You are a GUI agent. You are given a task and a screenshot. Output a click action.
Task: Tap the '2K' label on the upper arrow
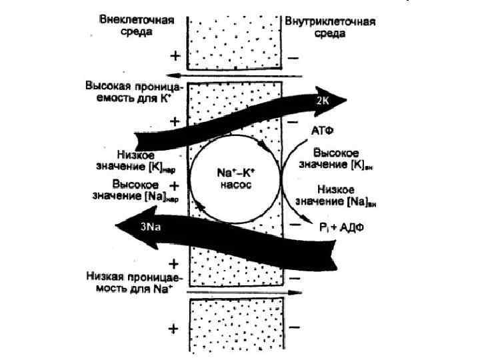tap(322, 100)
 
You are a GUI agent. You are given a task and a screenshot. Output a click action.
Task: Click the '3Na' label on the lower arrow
tap(150, 227)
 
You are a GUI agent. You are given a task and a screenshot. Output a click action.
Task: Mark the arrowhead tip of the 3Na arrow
tap(114, 227)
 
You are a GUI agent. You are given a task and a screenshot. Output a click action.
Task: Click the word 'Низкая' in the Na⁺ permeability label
tap(106, 275)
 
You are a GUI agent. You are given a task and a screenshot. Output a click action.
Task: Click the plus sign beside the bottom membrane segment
tap(174, 329)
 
